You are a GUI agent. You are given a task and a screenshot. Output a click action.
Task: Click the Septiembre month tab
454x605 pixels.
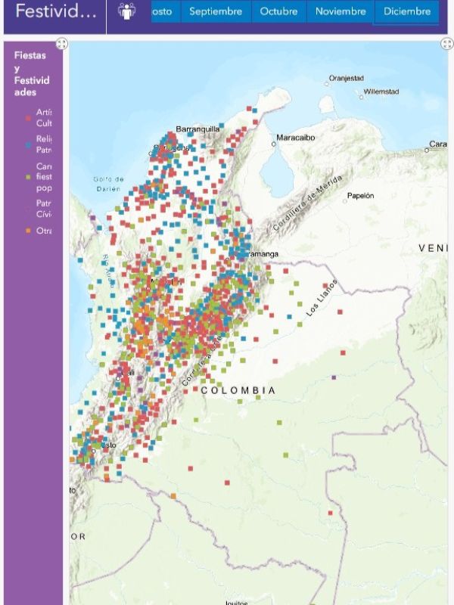tap(216, 11)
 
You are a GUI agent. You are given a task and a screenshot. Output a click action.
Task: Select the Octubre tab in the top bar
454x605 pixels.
tap(278, 11)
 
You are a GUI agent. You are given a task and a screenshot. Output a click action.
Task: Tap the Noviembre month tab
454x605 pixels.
tap(340, 11)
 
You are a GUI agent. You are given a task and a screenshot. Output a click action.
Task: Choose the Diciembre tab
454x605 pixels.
tap(407, 11)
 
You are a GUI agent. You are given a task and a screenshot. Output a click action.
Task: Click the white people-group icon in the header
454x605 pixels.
tap(126, 11)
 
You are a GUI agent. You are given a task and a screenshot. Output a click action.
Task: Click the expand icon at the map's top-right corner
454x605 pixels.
tap(446, 44)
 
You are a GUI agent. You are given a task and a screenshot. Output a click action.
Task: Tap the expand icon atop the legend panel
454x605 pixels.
tap(62, 44)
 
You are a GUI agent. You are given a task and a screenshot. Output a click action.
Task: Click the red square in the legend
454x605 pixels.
tap(28, 118)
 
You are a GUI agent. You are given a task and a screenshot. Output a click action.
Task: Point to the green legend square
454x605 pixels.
tap(28, 177)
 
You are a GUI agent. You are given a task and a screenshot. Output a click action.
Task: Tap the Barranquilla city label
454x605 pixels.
tap(197, 129)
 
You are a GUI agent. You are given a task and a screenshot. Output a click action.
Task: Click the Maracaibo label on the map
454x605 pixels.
tap(295, 138)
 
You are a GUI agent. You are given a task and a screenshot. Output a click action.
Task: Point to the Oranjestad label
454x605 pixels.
tap(346, 78)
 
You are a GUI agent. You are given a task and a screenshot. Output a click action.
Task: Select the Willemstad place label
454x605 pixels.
tap(381, 92)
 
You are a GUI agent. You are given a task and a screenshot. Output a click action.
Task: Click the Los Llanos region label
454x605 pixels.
tap(322, 298)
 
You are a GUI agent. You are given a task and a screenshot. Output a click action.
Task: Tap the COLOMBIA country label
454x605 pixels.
tap(238, 390)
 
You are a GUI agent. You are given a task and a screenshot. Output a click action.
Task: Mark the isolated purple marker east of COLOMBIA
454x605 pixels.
tap(334, 376)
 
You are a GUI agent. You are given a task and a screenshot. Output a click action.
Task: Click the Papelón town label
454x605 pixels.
tap(360, 195)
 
